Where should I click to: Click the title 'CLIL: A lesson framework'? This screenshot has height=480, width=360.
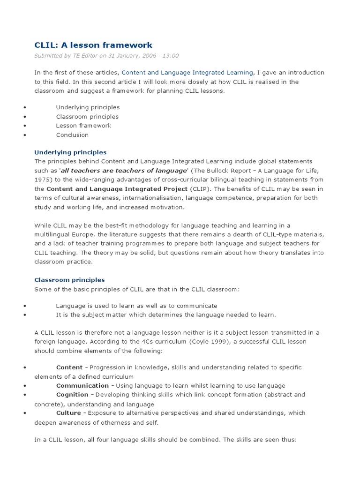93,45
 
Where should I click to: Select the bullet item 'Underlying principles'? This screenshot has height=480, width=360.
88,107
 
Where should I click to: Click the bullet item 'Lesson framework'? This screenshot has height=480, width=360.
83,126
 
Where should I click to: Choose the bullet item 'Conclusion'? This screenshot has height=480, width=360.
72,135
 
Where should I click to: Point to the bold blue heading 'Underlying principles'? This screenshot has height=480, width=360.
70,152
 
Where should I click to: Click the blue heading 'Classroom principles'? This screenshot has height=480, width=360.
69,280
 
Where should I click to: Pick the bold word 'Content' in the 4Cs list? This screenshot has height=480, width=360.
69,367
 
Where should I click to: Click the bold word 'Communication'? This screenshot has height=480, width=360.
79,386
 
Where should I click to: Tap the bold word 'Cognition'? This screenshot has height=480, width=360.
72,395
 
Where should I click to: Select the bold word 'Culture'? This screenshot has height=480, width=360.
68,413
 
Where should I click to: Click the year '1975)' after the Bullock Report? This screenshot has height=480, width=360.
43,180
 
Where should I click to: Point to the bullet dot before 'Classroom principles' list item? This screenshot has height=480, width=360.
23,117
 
